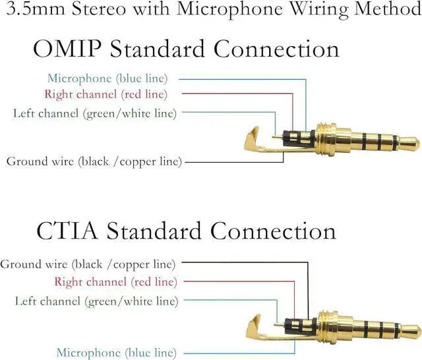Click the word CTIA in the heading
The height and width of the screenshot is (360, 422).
(64, 231)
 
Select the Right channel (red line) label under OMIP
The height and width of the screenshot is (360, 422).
(105, 94)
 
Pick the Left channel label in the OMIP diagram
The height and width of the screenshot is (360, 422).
(95, 113)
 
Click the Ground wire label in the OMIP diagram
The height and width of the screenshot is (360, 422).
(94, 161)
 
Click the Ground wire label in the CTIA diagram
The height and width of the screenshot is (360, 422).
(88, 264)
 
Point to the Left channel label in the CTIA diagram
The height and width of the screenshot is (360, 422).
(96, 301)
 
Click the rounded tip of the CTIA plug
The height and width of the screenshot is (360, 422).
(414, 328)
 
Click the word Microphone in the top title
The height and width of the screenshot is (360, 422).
(221, 11)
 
